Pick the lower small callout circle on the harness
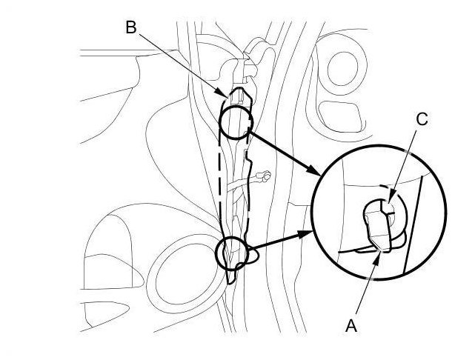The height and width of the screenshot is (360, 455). (x=230, y=253)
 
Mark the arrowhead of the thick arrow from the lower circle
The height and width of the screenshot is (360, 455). (x=310, y=233)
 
